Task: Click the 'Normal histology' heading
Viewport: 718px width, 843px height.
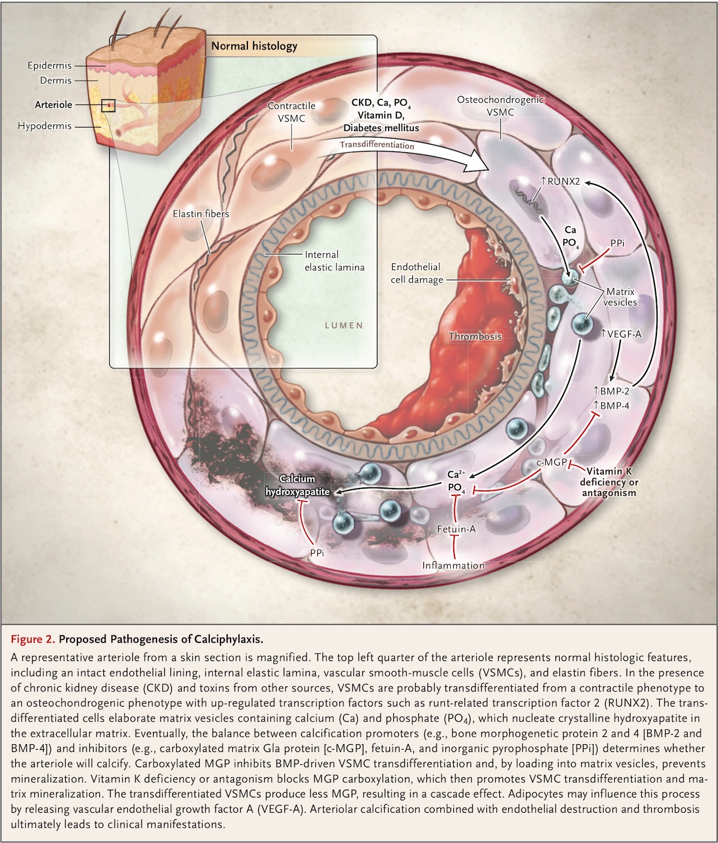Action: tap(254, 46)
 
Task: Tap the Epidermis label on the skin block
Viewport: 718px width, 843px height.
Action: tap(49, 66)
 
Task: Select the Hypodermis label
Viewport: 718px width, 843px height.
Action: tap(45, 126)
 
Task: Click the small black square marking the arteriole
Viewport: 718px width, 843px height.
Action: tap(108, 105)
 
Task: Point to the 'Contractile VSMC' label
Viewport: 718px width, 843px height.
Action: tap(291, 112)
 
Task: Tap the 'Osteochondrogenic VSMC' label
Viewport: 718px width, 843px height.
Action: tap(500, 106)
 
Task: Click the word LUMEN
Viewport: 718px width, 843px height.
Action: tap(344, 325)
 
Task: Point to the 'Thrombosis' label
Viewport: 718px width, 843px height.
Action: tap(475, 336)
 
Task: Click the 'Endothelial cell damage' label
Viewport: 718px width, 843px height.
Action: tap(416, 273)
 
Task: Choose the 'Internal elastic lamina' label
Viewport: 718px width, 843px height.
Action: tap(334, 261)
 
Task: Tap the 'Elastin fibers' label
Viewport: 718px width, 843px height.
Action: tap(201, 213)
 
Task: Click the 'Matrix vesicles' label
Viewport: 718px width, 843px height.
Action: tap(620, 297)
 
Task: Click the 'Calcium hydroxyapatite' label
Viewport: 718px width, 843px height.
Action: tap(297, 485)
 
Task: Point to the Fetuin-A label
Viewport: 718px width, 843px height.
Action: tap(457, 528)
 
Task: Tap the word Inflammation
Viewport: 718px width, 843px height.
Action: tap(453, 566)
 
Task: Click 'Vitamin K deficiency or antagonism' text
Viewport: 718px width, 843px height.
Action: tap(609, 482)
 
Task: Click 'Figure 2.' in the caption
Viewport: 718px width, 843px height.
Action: tap(33, 639)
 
